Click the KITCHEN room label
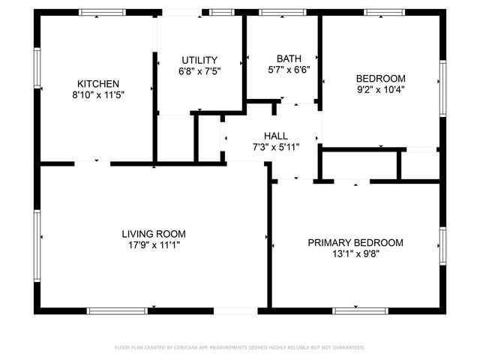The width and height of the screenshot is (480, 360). (x=98, y=83)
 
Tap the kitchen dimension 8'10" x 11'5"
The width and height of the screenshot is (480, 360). (x=98, y=96)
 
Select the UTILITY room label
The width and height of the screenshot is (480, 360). (x=199, y=60)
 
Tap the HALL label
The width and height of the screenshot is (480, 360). (x=275, y=135)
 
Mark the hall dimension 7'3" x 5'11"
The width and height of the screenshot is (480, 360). (x=275, y=148)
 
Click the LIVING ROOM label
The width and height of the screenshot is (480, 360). (x=154, y=233)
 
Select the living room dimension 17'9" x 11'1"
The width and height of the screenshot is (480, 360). (x=154, y=245)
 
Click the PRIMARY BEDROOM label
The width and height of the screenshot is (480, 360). (x=355, y=242)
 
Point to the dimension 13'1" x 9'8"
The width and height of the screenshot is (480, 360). (x=355, y=255)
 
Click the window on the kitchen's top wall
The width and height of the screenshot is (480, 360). (x=103, y=12)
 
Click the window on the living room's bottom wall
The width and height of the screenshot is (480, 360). (x=116, y=310)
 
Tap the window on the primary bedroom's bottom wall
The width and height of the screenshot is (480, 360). (x=360, y=310)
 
